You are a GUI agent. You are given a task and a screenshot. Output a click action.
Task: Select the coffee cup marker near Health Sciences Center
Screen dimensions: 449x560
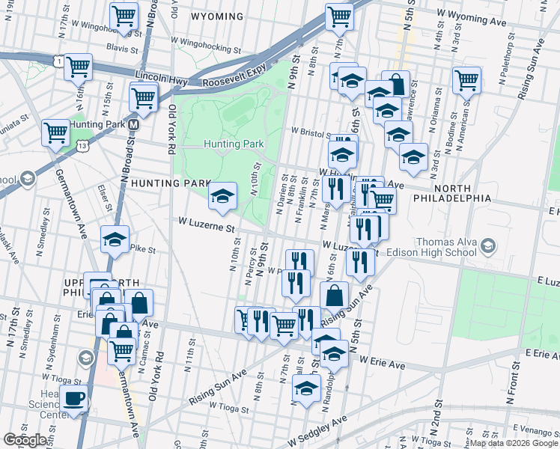[x=74, y=398]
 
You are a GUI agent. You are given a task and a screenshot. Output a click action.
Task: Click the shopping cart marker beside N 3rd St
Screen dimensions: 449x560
[x=466, y=79]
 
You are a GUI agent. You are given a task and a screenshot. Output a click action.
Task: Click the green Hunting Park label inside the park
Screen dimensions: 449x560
[x=234, y=144]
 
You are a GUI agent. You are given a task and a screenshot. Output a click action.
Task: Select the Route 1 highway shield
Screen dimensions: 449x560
[x=58, y=59]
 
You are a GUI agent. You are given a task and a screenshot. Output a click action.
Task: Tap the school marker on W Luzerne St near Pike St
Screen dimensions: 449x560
[x=115, y=239]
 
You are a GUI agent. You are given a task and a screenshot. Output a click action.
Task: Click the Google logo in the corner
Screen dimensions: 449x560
[x=24, y=440]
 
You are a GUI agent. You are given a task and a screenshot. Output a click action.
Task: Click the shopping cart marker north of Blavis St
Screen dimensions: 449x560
[x=124, y=14]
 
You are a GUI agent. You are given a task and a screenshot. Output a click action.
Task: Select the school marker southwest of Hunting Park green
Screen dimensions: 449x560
[x=222, y=195]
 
